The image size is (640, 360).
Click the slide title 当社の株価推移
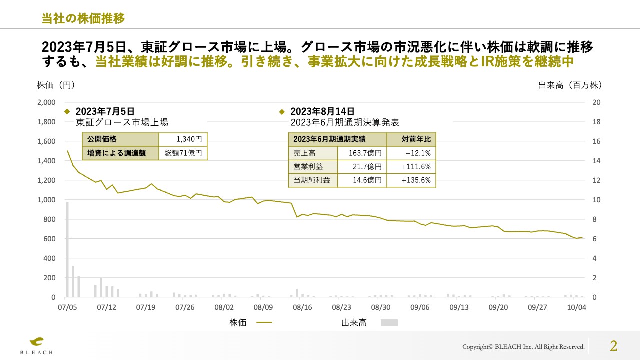pos(83,18)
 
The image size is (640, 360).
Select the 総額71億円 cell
pos(183,153)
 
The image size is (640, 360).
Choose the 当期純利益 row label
pos(313,180)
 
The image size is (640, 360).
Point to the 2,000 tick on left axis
pos(46,102)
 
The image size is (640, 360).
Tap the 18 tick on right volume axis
pos(596,122)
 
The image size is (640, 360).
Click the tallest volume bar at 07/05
pos(67,249)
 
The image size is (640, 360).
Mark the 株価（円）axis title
pos(56,85)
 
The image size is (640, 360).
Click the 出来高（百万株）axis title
pos(570,85)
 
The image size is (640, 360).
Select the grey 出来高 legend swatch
pos(389,323)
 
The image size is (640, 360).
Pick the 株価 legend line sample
pos(264,323)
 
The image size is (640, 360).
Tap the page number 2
pos(613,346)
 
